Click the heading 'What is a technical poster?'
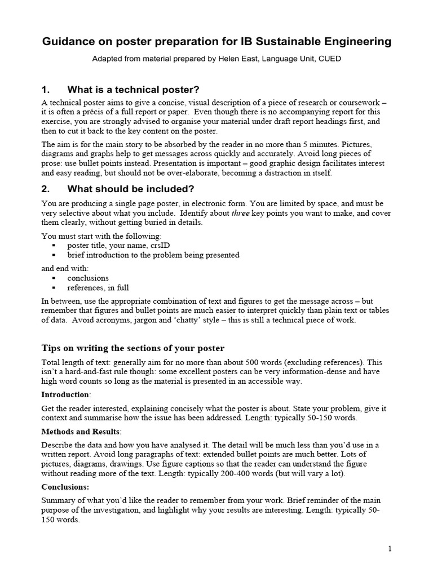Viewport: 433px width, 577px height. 133,90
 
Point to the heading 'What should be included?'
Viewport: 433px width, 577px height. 131,189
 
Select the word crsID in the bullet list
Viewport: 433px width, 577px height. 158,246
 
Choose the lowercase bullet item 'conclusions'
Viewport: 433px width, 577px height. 88,278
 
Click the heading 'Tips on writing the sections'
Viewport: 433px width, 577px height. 133,347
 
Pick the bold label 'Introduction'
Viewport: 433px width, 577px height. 65,394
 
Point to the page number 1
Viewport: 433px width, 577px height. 390,548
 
